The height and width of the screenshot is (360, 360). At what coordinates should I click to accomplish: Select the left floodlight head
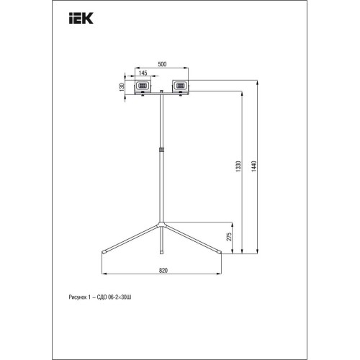click(x=143, y=86)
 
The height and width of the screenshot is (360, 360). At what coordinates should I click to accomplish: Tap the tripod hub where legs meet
click(x=161, y=222)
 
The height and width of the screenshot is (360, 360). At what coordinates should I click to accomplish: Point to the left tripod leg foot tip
click(x=103, y=252)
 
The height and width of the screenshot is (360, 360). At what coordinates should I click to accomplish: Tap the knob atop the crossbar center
click(x=161, y=94)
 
